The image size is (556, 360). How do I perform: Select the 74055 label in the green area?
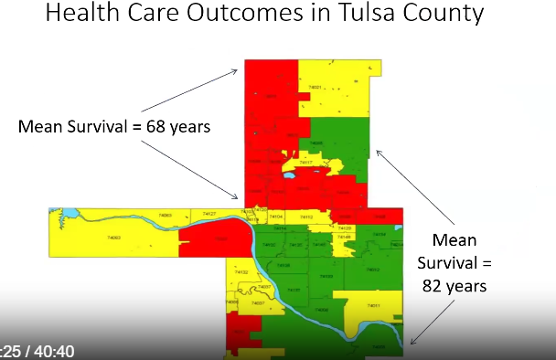pos(316,143)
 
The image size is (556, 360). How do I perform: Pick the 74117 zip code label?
pos(307,164)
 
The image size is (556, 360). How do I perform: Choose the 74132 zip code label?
pos(242,272)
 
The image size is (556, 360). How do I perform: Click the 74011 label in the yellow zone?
pos(372,306)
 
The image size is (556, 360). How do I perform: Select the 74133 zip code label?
pos(326,275)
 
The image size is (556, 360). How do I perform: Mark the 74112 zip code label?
pos(307,217)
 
